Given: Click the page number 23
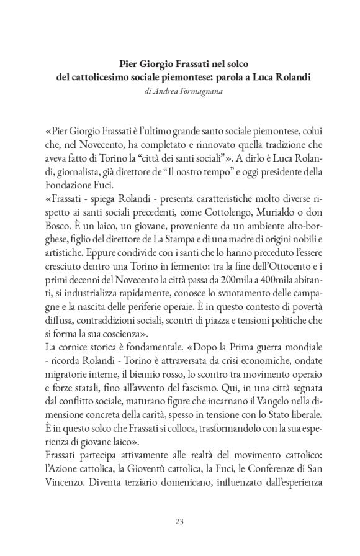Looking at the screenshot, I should click(x=179, y=520).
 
